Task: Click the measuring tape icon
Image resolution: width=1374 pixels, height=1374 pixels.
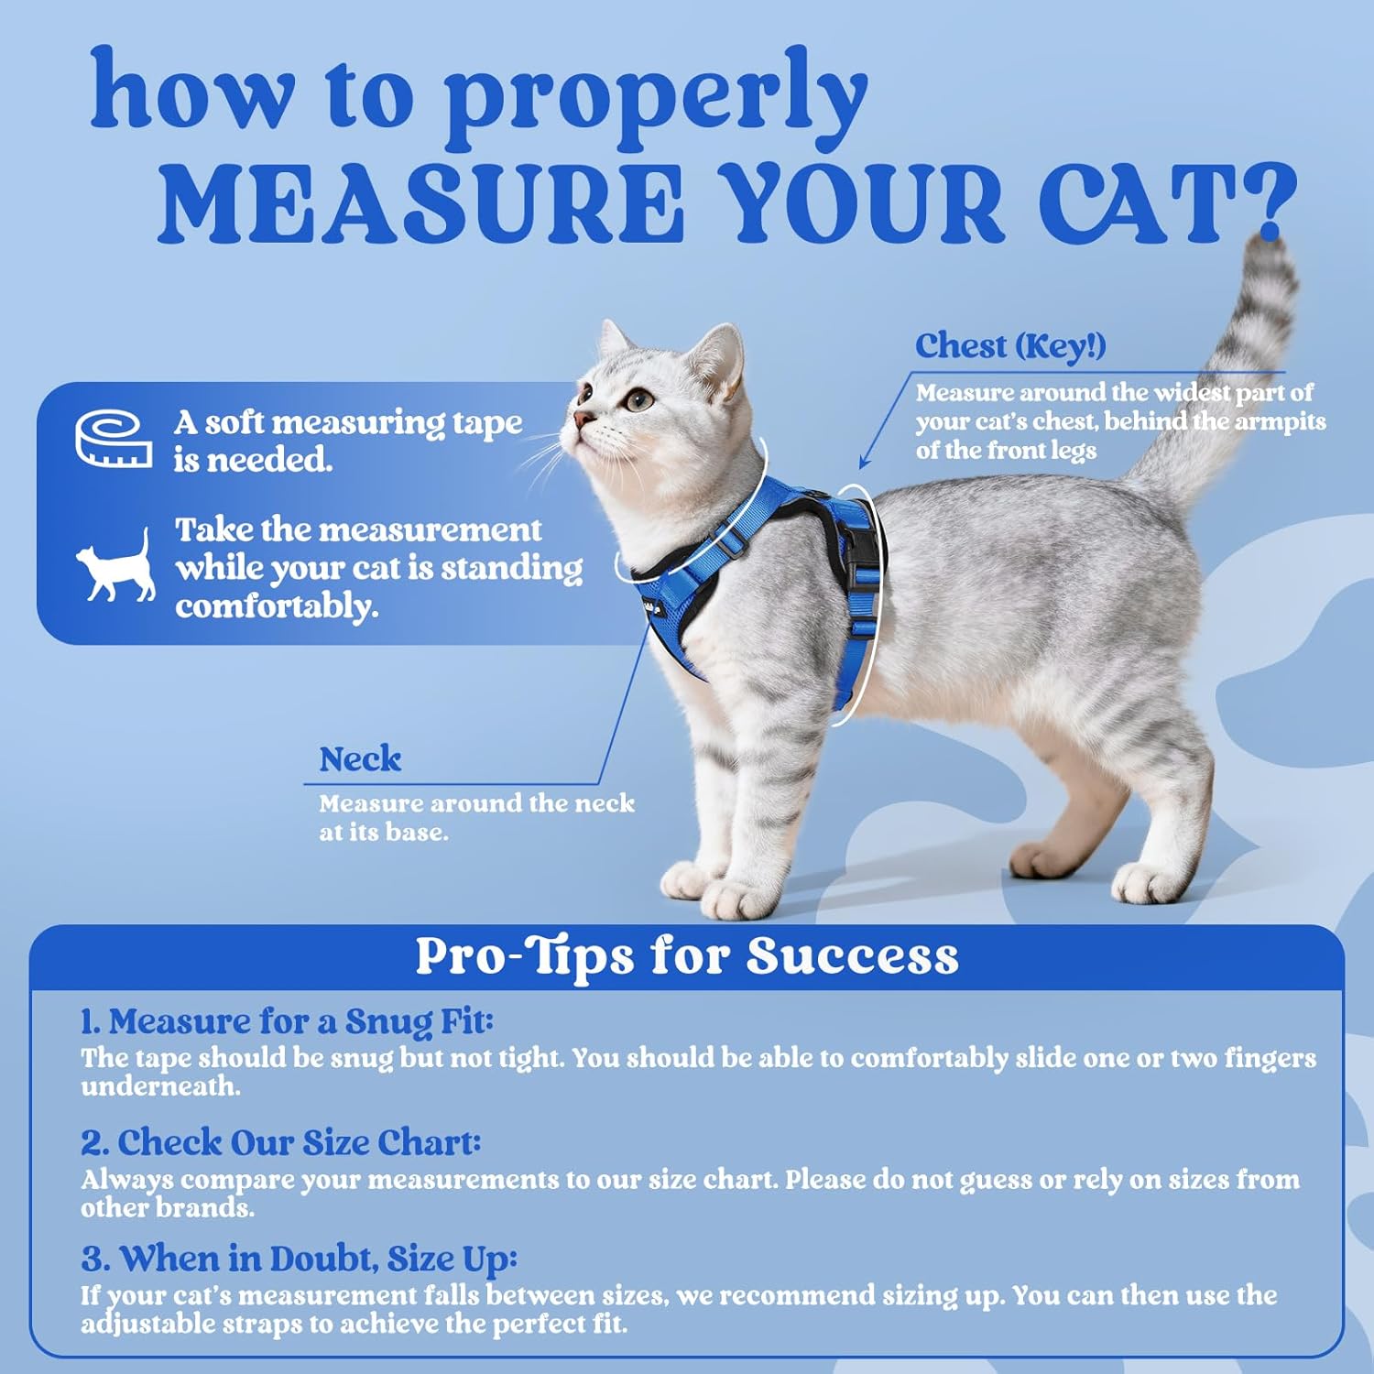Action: (114, 439)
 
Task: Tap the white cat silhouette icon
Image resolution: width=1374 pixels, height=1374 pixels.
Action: (116, 567)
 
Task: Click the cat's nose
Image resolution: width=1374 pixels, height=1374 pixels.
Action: (581, 420)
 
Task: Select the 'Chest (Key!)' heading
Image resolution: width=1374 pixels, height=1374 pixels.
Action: (1010, 346)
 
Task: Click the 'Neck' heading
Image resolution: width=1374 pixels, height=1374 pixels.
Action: (360, 759)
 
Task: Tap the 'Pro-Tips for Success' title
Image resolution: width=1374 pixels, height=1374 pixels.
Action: (687, 956)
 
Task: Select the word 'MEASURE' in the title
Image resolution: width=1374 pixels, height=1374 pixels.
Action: (421, 203)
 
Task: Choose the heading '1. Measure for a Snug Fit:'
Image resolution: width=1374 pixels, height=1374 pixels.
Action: (287, 1021)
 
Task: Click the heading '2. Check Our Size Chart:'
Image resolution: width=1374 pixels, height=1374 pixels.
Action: (280, 1142)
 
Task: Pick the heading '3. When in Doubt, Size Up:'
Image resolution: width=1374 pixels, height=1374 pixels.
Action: (299, 1259)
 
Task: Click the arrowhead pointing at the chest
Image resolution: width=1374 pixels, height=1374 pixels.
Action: (864, 464)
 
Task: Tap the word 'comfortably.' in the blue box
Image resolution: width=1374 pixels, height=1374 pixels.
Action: (277, 606)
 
